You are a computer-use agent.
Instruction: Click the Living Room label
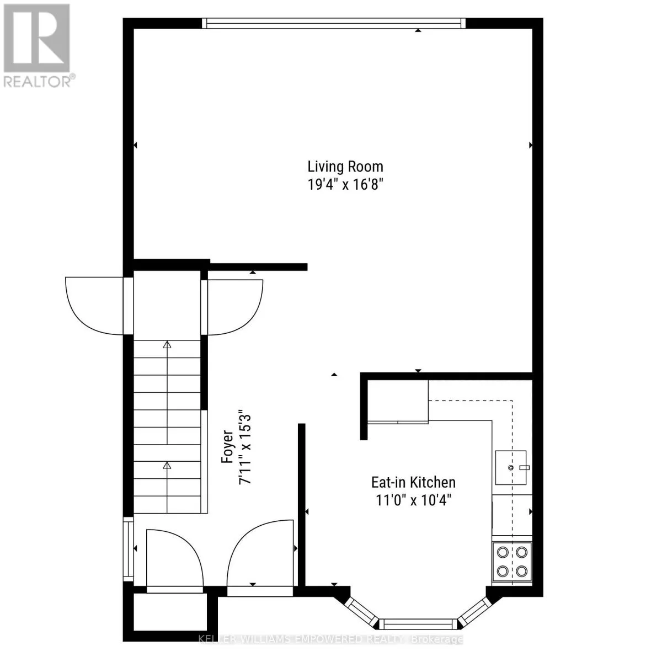345,166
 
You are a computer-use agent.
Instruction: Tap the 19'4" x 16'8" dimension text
345,184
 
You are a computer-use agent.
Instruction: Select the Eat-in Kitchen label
413,482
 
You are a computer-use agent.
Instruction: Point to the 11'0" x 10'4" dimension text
413,500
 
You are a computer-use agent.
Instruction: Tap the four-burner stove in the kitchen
512,561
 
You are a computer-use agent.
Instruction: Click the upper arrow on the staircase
167,346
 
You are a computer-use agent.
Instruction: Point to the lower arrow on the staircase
167,466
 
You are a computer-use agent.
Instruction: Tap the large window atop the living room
333,23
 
